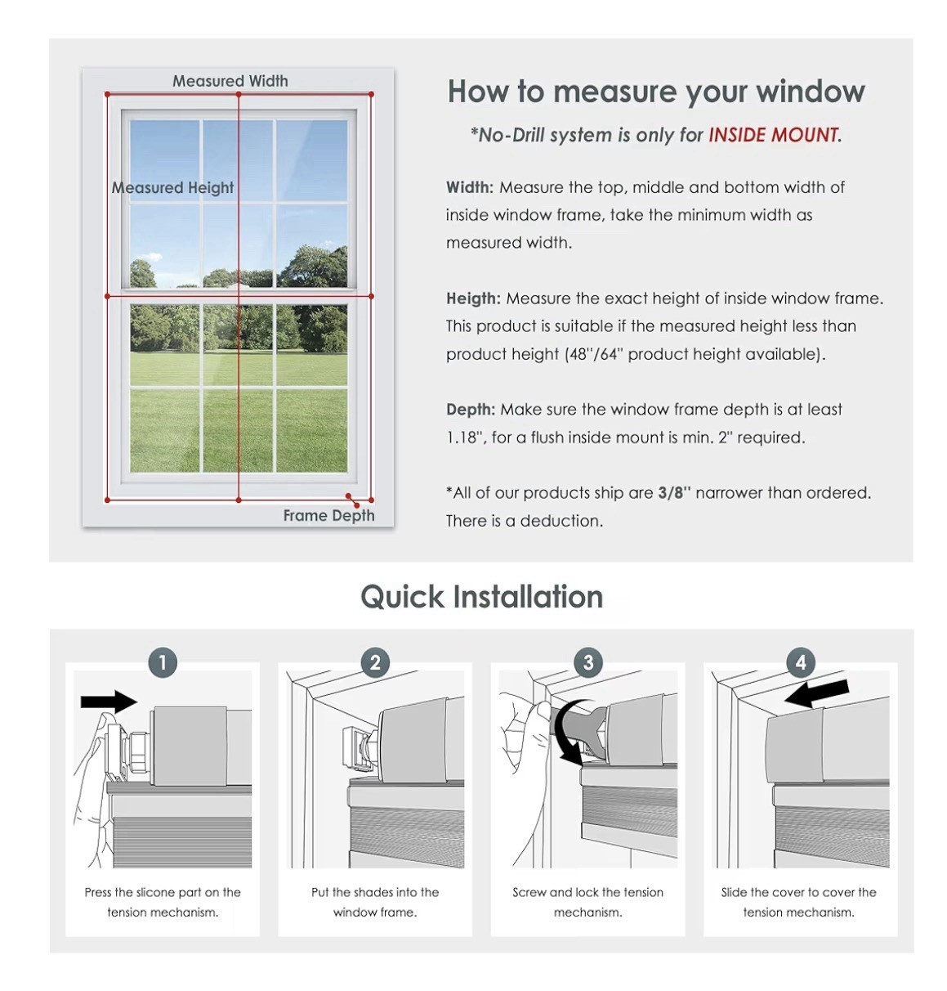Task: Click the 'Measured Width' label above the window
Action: click(x=230, y=80)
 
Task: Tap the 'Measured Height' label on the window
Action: click(x=172, y=187)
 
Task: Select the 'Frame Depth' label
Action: click(x=328, y=515)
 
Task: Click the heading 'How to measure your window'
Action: click(x=656, y=92)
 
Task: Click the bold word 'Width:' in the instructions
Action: click(x=470, y=187)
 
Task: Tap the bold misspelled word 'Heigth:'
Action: click(x=473, y=298)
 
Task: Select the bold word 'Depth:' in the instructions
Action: click(x=471, y=409)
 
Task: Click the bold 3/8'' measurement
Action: click(x=674, y=492)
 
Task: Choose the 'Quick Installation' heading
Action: click(x=481, y=596)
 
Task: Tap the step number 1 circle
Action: click(x=163, y=662)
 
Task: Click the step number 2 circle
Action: click(x=376, y=662)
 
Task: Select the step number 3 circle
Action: click(x=588, y=662)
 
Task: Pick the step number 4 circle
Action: click(x=801, y=662)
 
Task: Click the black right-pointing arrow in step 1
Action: click(x=109, y=702)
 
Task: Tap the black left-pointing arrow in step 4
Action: click(x=816, y=693)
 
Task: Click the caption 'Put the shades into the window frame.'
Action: click(x=375, y=902)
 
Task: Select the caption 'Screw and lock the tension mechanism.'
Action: click(x=587, y=902)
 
